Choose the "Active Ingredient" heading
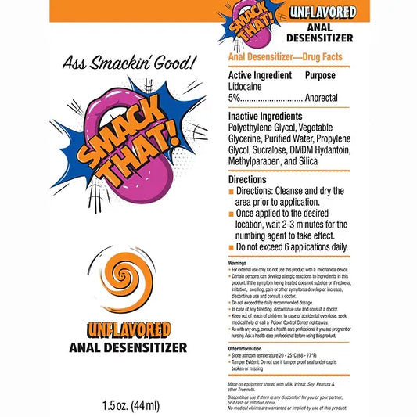pyautogui.click(x=261, y=76)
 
